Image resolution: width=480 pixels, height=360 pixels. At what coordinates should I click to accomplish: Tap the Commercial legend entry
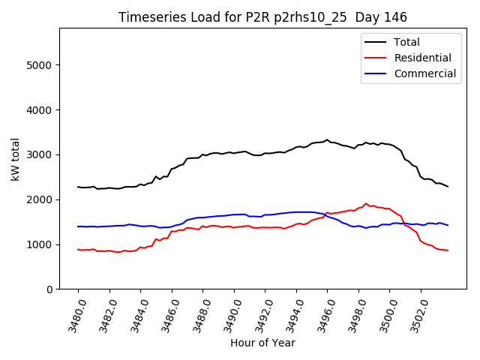(424, 73)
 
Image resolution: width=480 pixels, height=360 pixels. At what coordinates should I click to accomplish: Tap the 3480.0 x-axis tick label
(71, 315)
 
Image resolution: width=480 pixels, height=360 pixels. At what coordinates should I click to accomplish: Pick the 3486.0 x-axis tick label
(165, 315)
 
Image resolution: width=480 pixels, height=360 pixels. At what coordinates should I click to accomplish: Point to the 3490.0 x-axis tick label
(227, 315)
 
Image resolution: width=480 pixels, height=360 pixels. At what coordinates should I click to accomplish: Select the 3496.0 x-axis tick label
(320, 315)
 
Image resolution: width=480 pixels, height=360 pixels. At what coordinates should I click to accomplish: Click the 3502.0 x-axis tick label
(413, 315)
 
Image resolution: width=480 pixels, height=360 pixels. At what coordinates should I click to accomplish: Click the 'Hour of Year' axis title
(262, 343)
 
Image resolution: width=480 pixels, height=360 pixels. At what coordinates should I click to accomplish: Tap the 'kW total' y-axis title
(16, 158)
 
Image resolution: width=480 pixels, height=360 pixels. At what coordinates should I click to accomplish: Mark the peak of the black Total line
(327, 139)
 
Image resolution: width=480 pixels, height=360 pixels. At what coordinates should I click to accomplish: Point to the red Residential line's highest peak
(366, 203)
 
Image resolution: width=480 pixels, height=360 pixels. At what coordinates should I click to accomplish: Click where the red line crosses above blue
(325, 214)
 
